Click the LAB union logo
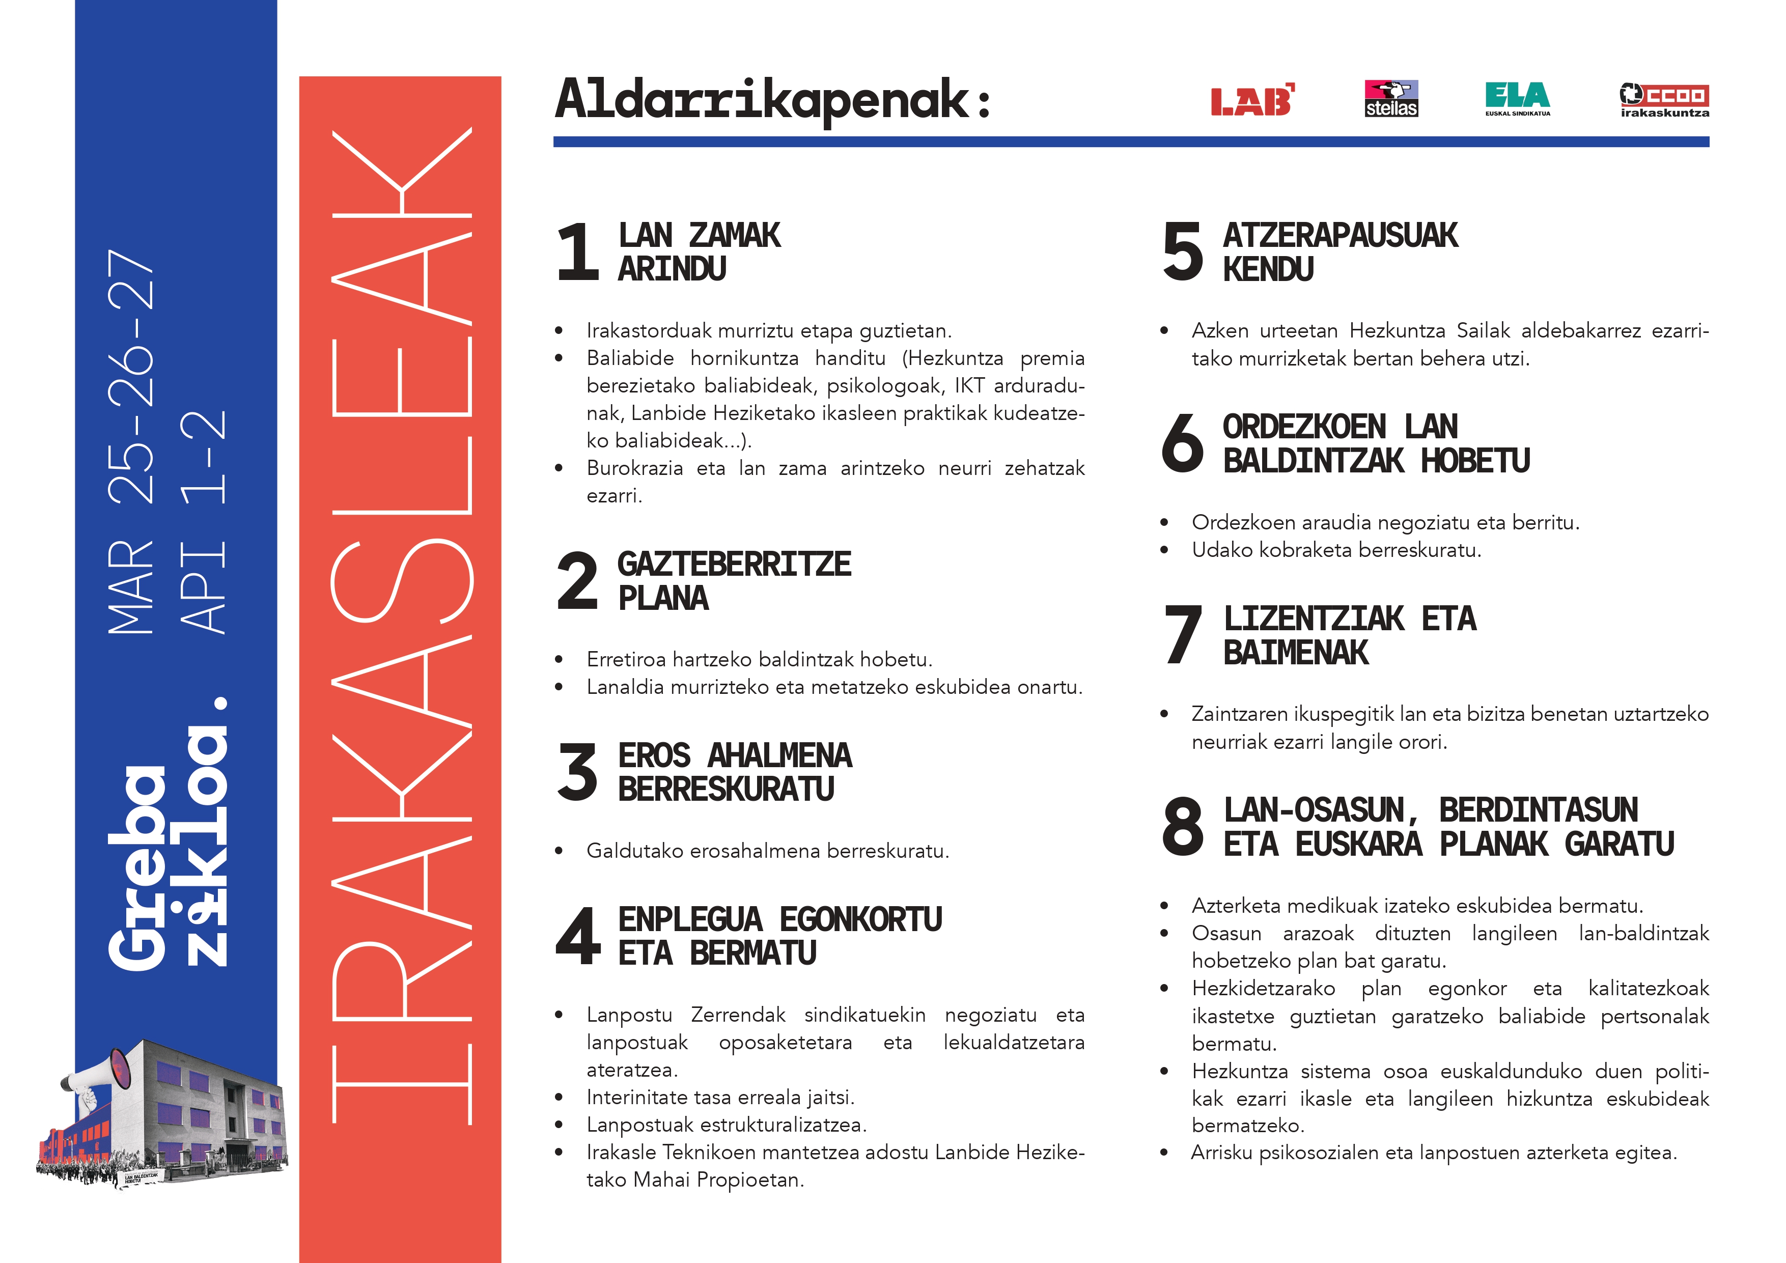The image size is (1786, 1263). click(1251, 100)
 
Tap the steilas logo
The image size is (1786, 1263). click(1391, 99)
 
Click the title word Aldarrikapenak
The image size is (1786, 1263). click(762, 100)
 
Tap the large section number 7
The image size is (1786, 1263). click(1182, 635)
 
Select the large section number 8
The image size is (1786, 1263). click(1182, 826)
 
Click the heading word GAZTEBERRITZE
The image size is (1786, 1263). click(734, 565)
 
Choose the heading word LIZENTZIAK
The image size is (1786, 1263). click(1314, 619)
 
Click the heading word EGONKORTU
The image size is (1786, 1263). click(860, 920)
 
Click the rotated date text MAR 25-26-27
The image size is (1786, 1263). click(131, 442)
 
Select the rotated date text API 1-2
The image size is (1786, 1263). click(203, 521)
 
